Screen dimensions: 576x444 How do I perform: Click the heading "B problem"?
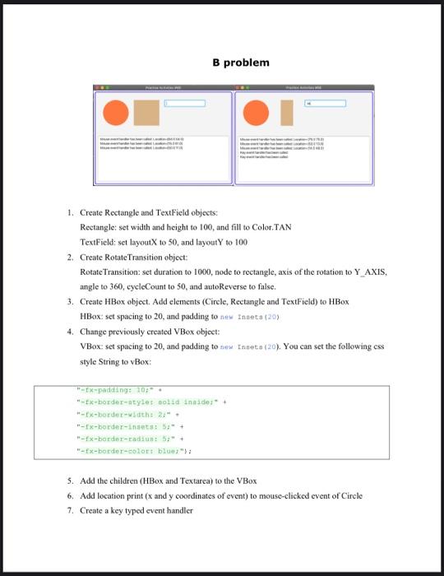[x=240, y=63]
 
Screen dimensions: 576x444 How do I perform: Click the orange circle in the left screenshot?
[x=116, y=113]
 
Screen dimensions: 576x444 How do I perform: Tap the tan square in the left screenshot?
[x=146, y=113]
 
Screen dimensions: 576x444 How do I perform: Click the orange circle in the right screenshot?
[x=256, y=113]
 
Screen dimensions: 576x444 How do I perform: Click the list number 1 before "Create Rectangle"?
[x=72, y=213]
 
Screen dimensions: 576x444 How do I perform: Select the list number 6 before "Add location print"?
[x=72, y=495]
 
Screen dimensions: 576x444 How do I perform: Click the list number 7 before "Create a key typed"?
[x=72, y=510]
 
